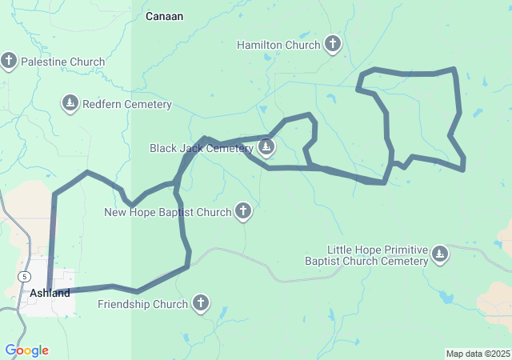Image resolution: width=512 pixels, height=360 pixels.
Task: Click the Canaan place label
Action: point(164,16)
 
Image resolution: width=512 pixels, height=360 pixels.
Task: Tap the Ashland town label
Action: point(50,293)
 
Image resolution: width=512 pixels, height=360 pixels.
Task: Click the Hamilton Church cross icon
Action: point(334,45)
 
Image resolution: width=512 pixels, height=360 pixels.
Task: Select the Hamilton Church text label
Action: point(278,46)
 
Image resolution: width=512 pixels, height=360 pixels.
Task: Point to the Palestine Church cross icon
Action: point(9,61)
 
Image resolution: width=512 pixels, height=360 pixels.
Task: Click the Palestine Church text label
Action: point(62,62)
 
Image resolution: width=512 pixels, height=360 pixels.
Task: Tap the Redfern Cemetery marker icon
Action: point(70,103)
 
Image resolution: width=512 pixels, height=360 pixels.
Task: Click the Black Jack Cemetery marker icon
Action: point(266,147)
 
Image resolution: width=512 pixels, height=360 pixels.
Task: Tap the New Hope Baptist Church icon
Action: point(243,211)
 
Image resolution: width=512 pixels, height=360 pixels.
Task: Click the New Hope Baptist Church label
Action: point(168,212)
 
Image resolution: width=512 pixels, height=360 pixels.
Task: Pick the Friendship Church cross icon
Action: point(200,303)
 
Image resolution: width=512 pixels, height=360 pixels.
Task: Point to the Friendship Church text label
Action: point(142,304)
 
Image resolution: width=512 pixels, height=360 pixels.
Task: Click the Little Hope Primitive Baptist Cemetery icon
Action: point(439,254)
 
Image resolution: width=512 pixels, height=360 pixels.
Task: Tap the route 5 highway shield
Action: point(26,275)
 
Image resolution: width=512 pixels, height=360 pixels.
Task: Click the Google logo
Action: point(26,350)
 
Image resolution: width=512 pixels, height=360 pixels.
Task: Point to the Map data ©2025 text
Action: point(477,354)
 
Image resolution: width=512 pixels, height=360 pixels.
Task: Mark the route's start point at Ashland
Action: point(50,290)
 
